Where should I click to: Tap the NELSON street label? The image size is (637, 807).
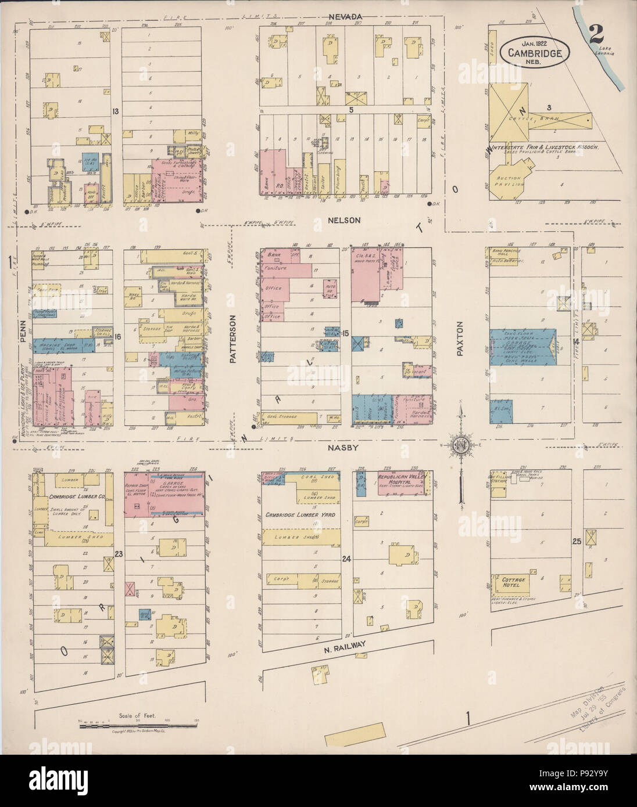[348, 221]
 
